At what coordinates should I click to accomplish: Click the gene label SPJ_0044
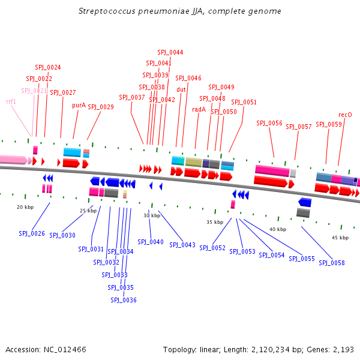pos(170,52)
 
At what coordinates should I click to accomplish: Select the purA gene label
pos(79,105)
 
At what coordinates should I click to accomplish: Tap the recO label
pos(345,115)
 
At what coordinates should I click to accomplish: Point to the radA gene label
pos(199,109)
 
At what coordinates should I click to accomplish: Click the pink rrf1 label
pos(11,101)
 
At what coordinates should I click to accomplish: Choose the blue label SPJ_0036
pos(124,300)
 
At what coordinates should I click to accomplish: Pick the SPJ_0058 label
pos(332,263)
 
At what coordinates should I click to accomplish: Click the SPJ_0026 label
pos(32,233)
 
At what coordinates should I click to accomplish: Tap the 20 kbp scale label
pos(25,207)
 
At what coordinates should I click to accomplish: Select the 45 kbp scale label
pos(340,238)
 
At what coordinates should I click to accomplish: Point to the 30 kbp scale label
pos(152,215)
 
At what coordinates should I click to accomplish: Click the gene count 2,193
pos(344,349)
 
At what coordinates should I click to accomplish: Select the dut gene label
pos(181,89)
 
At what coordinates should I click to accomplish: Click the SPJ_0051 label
pos(244,102)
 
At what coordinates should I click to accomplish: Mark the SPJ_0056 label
pos(269,123)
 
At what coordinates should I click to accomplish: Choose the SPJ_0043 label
pos(182,245)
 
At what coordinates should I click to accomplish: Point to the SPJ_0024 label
pos(47,67)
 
